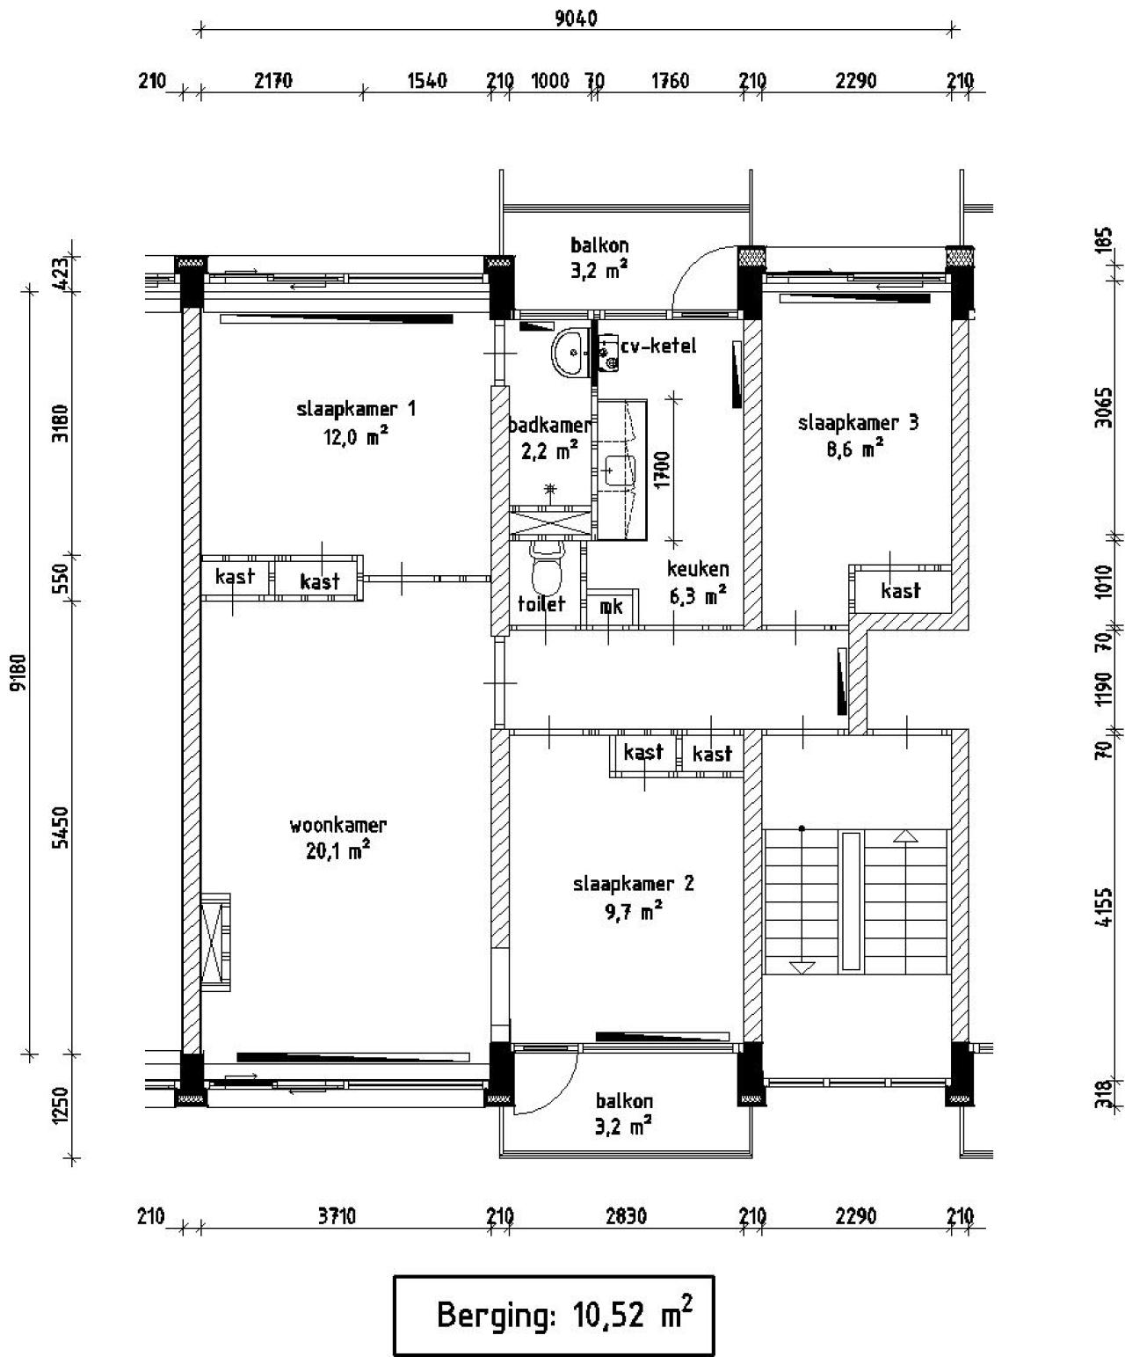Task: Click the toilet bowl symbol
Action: coord(547,572)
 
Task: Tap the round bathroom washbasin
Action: coord(574,353)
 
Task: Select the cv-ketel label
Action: coord(657,347)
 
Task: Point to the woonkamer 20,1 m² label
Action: coord(337,837)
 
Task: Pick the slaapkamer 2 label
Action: coord(633,896)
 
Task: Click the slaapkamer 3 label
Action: coord(858,435)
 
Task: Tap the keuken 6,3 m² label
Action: coord(697,582)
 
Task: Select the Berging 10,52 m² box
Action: coord(553,1315)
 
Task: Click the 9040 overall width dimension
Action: coord(576,18)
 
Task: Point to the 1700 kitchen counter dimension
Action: coord(662,469)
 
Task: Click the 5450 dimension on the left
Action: coord(60,828)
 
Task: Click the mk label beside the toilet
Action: coord(611,606)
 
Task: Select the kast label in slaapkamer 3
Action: coord(900,591)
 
